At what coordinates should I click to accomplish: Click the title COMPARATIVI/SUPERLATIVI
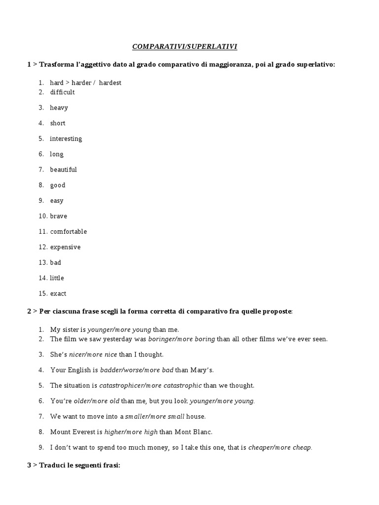[185, 47]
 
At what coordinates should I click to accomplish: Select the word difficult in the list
[62, 92]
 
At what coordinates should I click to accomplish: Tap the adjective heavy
[59, 108]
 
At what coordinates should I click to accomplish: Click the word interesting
[66, 139]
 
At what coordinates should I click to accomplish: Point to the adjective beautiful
[63, 170]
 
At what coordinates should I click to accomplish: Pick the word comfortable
[68, 231]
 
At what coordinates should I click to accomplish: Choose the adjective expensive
[65, 247]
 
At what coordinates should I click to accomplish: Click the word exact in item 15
[58, 293]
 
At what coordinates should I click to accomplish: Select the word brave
[58, 216]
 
